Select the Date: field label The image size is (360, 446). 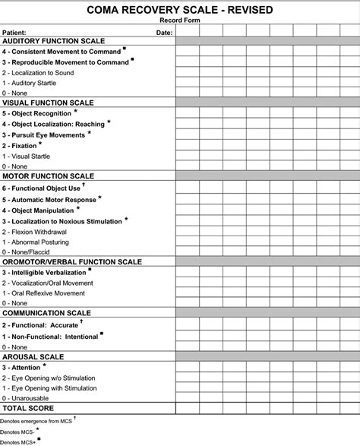click(x=164, y=33)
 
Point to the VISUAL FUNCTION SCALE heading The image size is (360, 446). click(x=48, y=102)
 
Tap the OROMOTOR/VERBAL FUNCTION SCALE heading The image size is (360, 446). click(x=72, y=261)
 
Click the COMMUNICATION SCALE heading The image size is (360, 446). click(x=46, y=312)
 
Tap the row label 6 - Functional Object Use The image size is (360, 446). click(x=41, y=188)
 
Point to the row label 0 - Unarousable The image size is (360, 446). click(x=27, y=398)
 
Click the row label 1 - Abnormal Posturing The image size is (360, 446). click(x=36, y=241)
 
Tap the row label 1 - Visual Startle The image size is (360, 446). click(x=27, y=156)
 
